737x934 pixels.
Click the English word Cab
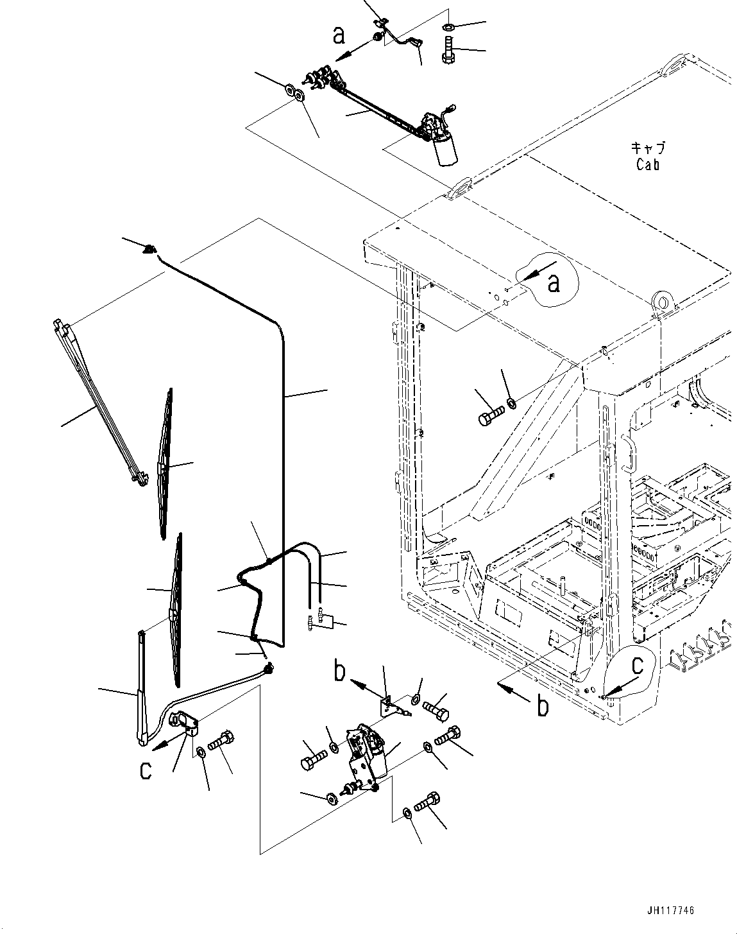tap(648, 164)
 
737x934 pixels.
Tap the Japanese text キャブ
tap(648, 148)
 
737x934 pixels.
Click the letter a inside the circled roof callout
tap(554, 282)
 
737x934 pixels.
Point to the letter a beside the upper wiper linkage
tap(339, 35)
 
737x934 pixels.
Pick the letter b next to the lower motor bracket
tap(341, 673)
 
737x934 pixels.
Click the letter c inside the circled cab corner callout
tap(636, 667)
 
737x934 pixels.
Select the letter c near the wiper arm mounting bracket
tap(146, 770)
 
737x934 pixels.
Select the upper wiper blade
tap(165, 463)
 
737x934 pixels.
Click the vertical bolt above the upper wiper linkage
tap(447, 49)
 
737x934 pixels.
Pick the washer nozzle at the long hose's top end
tap(150, 248)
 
